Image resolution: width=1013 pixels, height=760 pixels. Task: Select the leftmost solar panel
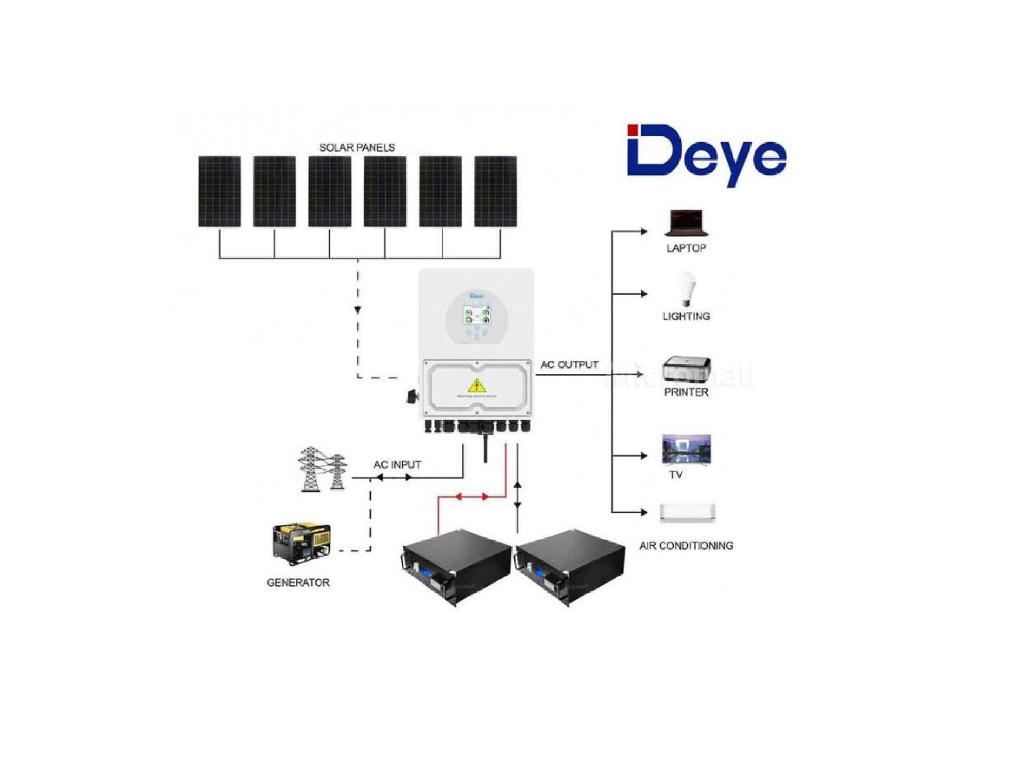click(219, 191)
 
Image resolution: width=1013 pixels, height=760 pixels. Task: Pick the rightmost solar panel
click(496, 191)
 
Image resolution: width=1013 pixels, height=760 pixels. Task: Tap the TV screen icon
click(686, 450)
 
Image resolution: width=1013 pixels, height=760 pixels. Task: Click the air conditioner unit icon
click(686, 513)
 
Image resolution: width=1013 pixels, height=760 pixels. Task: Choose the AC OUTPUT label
click(569, 365)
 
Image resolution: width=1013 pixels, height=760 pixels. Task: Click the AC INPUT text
click(397, 465)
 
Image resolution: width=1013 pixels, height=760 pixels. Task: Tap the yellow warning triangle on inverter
click(478, 385)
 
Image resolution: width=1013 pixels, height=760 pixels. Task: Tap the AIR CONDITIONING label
click(686, 546)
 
